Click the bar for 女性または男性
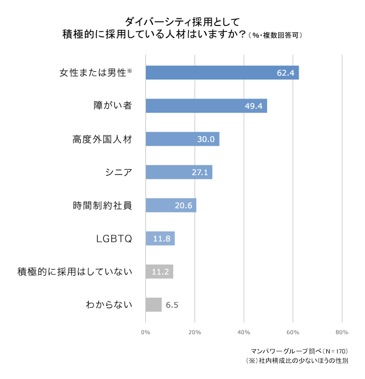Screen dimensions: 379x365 click(221, 72)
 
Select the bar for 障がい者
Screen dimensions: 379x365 click(206, 106)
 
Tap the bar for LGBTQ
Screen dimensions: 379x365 click(160, 239)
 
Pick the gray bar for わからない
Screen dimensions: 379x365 click(153, 305)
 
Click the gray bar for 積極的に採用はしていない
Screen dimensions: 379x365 click(159, 272)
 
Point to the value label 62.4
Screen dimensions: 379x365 click(286, 73)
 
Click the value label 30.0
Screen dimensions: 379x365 click(206, 139)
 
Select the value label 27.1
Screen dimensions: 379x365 click(199, 172)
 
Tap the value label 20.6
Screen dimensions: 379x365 click(183, 206)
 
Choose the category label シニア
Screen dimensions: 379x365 click(118, 172)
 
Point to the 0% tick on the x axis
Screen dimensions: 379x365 click(145, 332)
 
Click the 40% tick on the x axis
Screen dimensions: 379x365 click(243, 332)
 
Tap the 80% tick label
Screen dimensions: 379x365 click(341, 332)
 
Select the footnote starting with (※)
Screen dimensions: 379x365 click(297, 361)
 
